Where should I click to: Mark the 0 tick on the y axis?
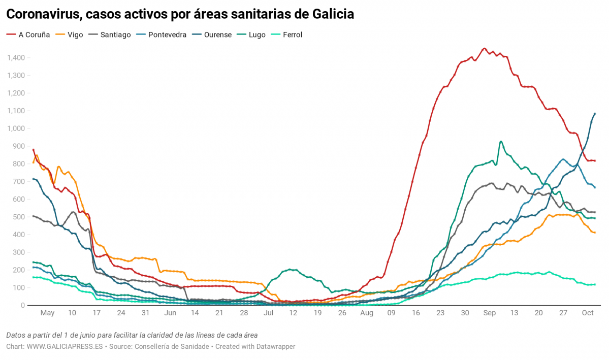point(23,305)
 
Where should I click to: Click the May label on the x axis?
point(47,313)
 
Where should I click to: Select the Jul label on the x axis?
point(268,313)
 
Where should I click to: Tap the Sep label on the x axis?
point(490,313)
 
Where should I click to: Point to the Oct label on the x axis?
point(588,313)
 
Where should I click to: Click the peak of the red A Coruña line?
point(484,48)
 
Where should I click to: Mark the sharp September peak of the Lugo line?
point(501,141)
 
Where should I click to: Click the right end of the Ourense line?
point(595,114)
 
